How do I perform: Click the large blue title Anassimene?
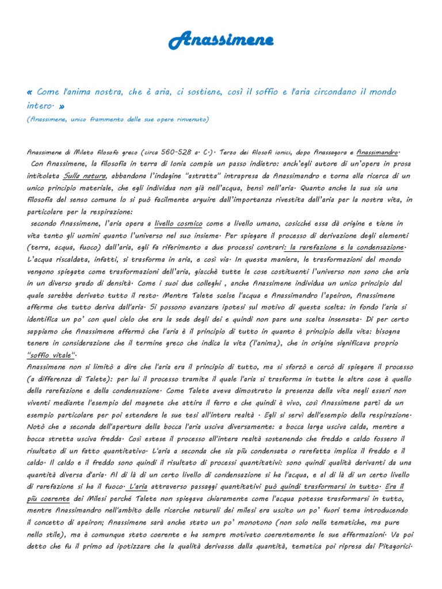point(220,40)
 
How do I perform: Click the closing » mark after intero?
point(62,106)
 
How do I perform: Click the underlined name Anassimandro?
point(378,152)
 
